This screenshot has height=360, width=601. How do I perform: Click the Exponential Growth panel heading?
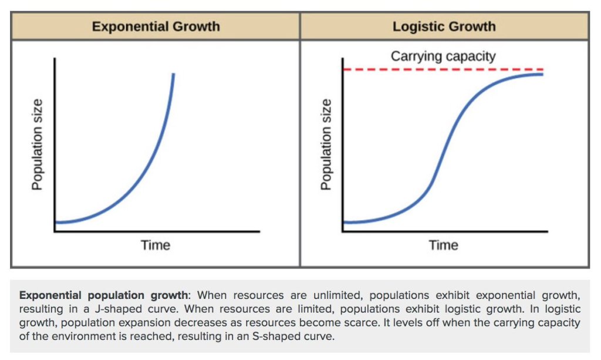(x=156, y=26)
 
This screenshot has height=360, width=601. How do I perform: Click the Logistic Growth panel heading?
(x=444, y=26)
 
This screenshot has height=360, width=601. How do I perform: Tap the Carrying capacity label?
(x=443, y=56)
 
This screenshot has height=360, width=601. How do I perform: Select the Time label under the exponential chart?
(x=156, y=244)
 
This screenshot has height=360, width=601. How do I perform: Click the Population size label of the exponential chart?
(x=37, y=144)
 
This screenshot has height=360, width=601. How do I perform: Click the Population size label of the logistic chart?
(x=326, y=144)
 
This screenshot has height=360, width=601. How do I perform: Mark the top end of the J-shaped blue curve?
(x=174, y=74)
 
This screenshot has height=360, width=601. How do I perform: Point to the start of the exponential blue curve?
(x=56, y=223)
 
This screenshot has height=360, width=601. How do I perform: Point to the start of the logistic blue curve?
(x=345, y=223)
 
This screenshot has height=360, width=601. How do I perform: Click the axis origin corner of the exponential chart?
(x=55, y=231)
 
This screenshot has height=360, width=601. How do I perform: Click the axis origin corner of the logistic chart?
(x=343, y=231)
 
